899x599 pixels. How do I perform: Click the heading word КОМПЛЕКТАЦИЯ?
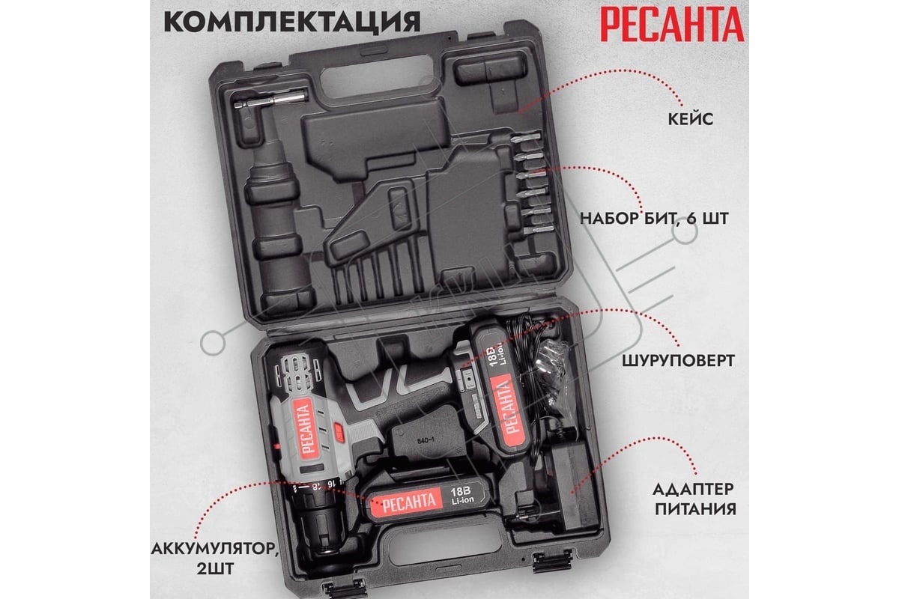coord(292,22)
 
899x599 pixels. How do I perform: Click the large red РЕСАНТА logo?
coord(672,25)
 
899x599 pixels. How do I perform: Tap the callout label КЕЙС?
coord(691,119)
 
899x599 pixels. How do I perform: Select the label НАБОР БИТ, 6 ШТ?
coord(654,219)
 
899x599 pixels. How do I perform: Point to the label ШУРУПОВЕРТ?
coord(679,361)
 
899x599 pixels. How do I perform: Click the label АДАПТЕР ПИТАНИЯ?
coord(695,499)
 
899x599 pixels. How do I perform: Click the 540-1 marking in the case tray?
coord(425,440)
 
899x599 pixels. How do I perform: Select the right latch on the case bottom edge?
coord(552,561)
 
